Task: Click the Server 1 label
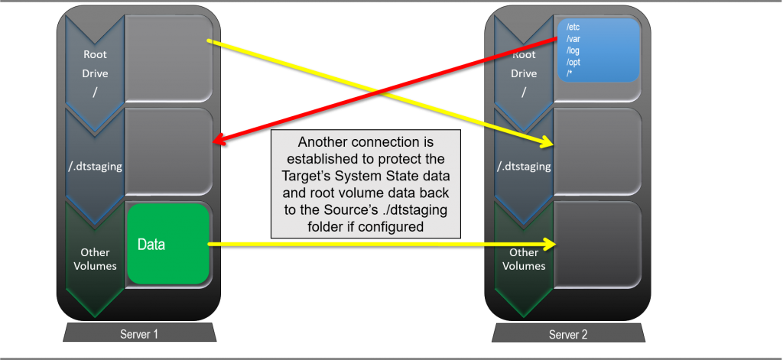(x=138, y=334)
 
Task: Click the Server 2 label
(x=567, y=334)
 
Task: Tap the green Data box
(x=167, y=245)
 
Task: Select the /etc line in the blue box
(x=573, y=27)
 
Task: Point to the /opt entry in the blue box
(x=573, y=62)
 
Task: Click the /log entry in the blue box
(x=573, y=50)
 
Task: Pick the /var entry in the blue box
(x=573, y=38)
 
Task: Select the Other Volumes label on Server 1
(x=95, y=259)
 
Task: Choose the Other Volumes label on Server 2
(x=524, y=259)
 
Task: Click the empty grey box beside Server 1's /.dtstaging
(x=167, y=151)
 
